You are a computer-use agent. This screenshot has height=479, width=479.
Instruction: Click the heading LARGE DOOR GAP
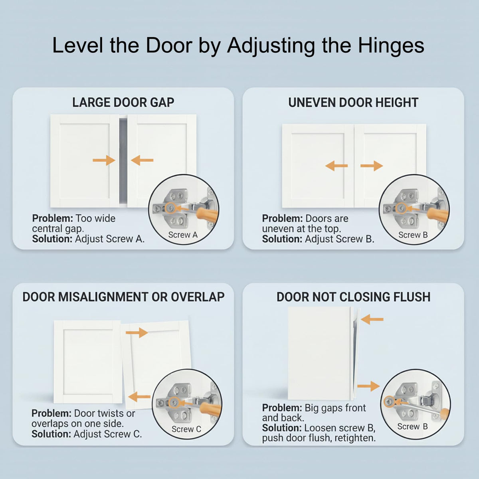[123, 103]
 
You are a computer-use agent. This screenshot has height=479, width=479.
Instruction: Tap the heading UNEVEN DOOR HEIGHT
[353, 103]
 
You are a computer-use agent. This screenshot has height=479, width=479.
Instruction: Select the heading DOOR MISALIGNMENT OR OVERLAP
[123, 297]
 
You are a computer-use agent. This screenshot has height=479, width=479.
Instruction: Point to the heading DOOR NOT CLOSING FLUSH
[354, 297]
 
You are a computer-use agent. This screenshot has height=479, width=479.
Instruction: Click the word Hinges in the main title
[391, 46]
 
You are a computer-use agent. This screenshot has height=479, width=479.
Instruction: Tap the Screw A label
[183, 235]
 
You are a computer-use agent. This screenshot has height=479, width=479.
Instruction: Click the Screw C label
[186, 429]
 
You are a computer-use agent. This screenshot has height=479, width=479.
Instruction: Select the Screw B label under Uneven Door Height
[413, 235]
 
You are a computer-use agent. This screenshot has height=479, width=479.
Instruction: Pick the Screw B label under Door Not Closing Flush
[412, 427]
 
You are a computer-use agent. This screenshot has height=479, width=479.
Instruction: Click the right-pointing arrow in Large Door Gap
[104, 160]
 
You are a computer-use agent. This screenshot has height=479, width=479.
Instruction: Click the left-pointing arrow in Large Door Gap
[142, 160]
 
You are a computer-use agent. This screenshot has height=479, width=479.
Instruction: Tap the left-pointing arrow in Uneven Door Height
[336, 166]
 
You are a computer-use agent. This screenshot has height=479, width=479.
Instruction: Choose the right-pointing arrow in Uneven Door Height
[372, 166]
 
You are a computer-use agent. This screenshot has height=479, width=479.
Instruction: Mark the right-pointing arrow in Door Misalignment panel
[137, 333]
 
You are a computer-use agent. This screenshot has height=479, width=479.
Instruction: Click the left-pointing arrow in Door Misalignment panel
[139, 396]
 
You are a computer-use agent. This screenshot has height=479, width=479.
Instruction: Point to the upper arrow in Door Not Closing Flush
[372, 319]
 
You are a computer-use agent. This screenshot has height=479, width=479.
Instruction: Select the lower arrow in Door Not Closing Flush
[369, 386]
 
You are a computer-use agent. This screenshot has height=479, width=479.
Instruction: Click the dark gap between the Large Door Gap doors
[123, 162]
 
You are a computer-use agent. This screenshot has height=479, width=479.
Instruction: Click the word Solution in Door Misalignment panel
[52, 434]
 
